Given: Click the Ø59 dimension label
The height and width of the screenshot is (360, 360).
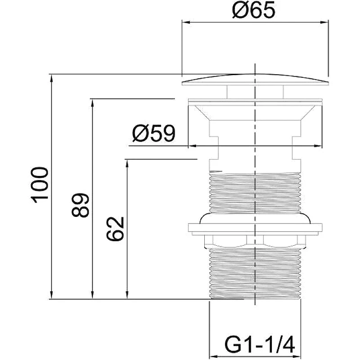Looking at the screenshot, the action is [x=153, y=133].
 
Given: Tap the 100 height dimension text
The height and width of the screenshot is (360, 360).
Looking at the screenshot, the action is [x=40, y=185].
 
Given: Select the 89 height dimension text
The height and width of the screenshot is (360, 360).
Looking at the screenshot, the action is [x=80, y=206].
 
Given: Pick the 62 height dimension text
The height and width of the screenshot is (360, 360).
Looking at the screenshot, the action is [x=115, y=229].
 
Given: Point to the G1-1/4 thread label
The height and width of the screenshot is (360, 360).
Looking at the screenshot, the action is [x=260, y=345].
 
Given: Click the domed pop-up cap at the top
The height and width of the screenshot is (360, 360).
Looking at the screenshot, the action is [x=255, y=80].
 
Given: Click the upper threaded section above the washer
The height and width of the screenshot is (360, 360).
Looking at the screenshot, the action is [x=255, y=193].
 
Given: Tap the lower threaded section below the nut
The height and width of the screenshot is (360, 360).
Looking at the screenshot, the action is [x=255, y=274].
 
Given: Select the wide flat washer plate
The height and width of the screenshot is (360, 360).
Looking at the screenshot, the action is [x=255, y=227].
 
